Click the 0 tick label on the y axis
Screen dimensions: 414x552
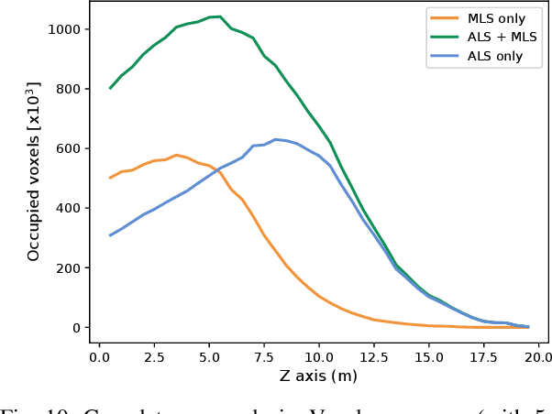click(x=77, y=328)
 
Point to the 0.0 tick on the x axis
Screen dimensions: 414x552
click(x=99, y=357)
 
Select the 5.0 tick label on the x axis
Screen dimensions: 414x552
click(x=209, y=357)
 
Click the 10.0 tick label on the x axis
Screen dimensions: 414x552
click(x=319, y=357)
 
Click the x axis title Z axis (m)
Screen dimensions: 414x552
click(x=318, y=376)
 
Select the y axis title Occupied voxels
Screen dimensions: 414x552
click(x=33, y=171)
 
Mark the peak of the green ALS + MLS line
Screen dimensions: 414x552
click(x=219, y=16)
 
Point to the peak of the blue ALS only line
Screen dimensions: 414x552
click(x=275, y=139)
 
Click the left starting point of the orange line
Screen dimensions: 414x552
click(x=110, y=178)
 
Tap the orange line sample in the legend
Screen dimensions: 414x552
click(x=447, y=19)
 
